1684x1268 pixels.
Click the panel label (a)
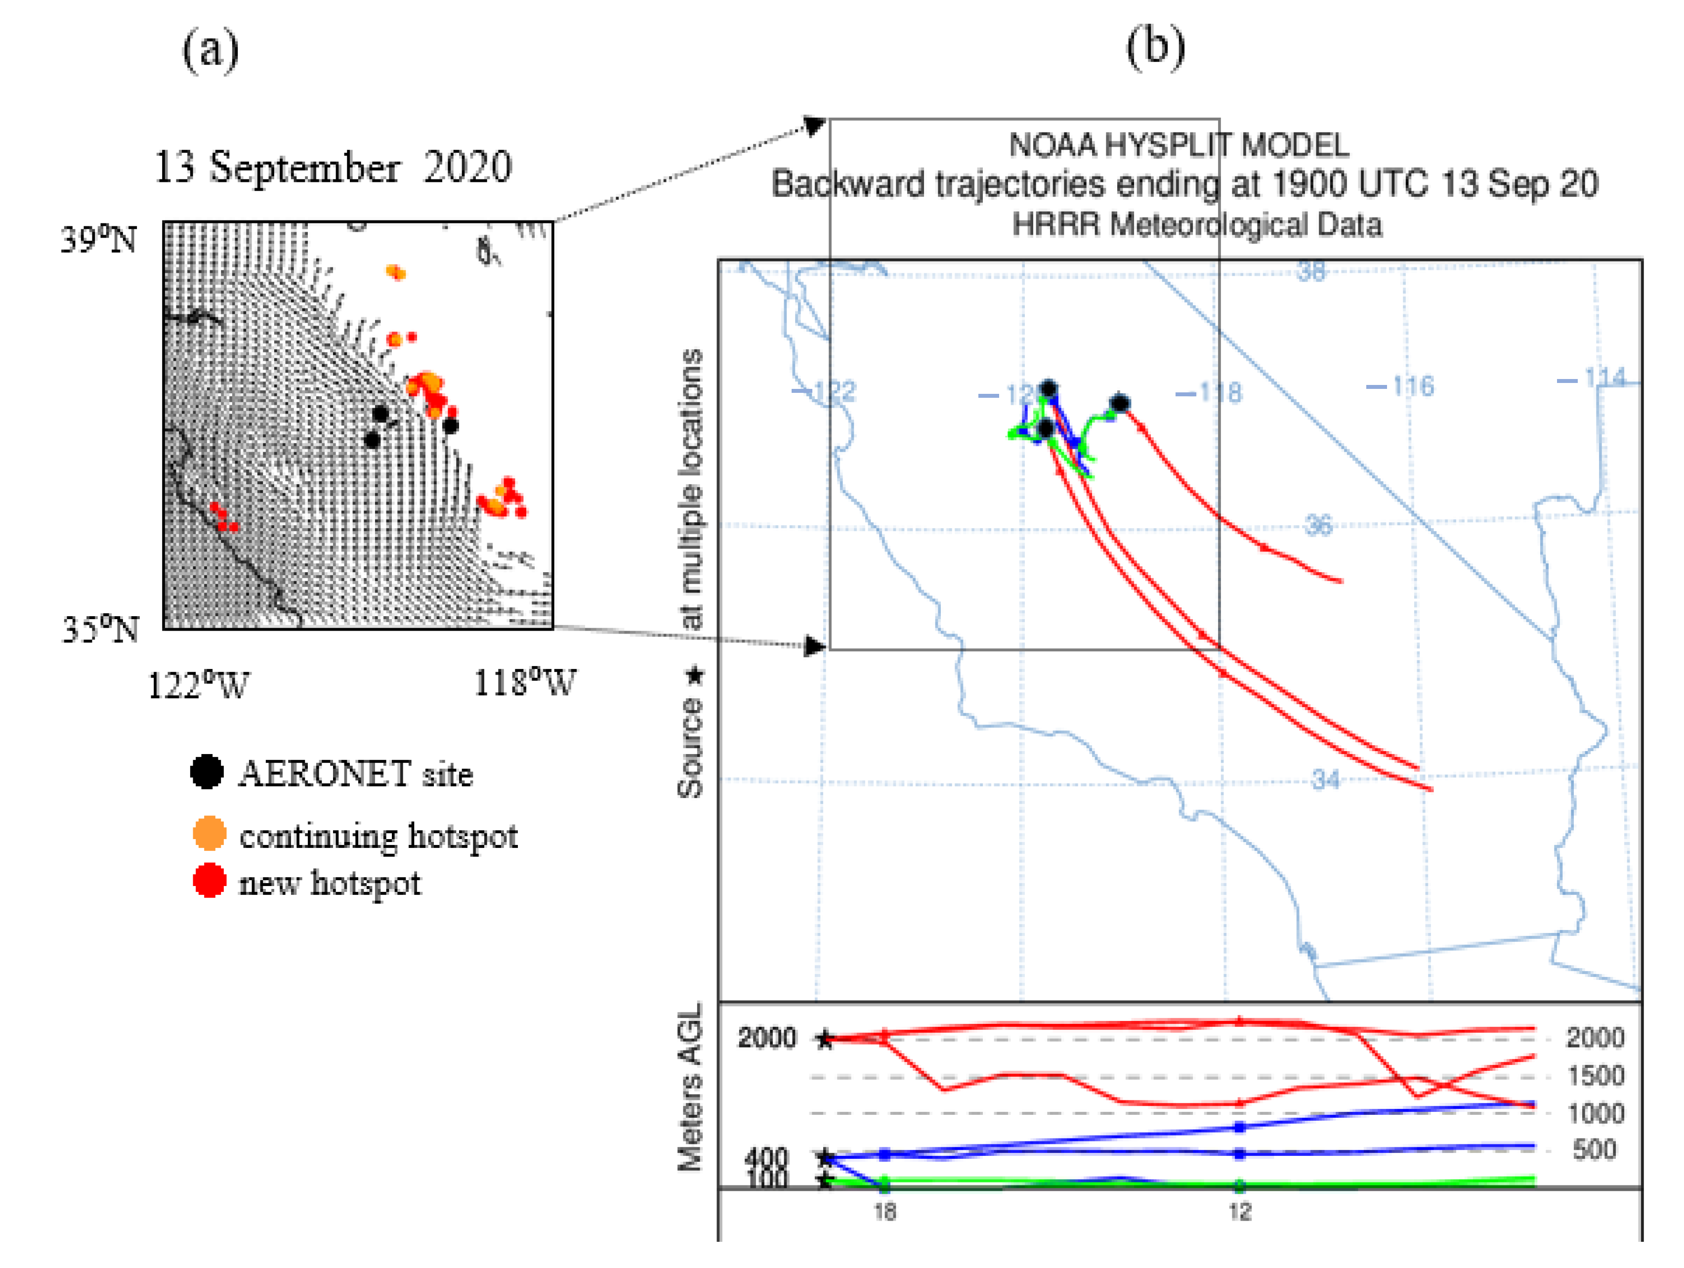point(210,50)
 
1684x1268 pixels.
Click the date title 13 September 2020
point(333,167)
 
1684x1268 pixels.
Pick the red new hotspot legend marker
point(210,881)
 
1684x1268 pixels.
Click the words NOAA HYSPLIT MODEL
point(1179,145)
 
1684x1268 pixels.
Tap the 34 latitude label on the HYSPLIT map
point(1325,779)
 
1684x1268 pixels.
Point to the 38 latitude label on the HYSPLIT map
point(1311,271)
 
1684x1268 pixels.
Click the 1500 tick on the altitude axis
point(1596,1075)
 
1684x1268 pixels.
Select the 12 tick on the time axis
point(1239,1211)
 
